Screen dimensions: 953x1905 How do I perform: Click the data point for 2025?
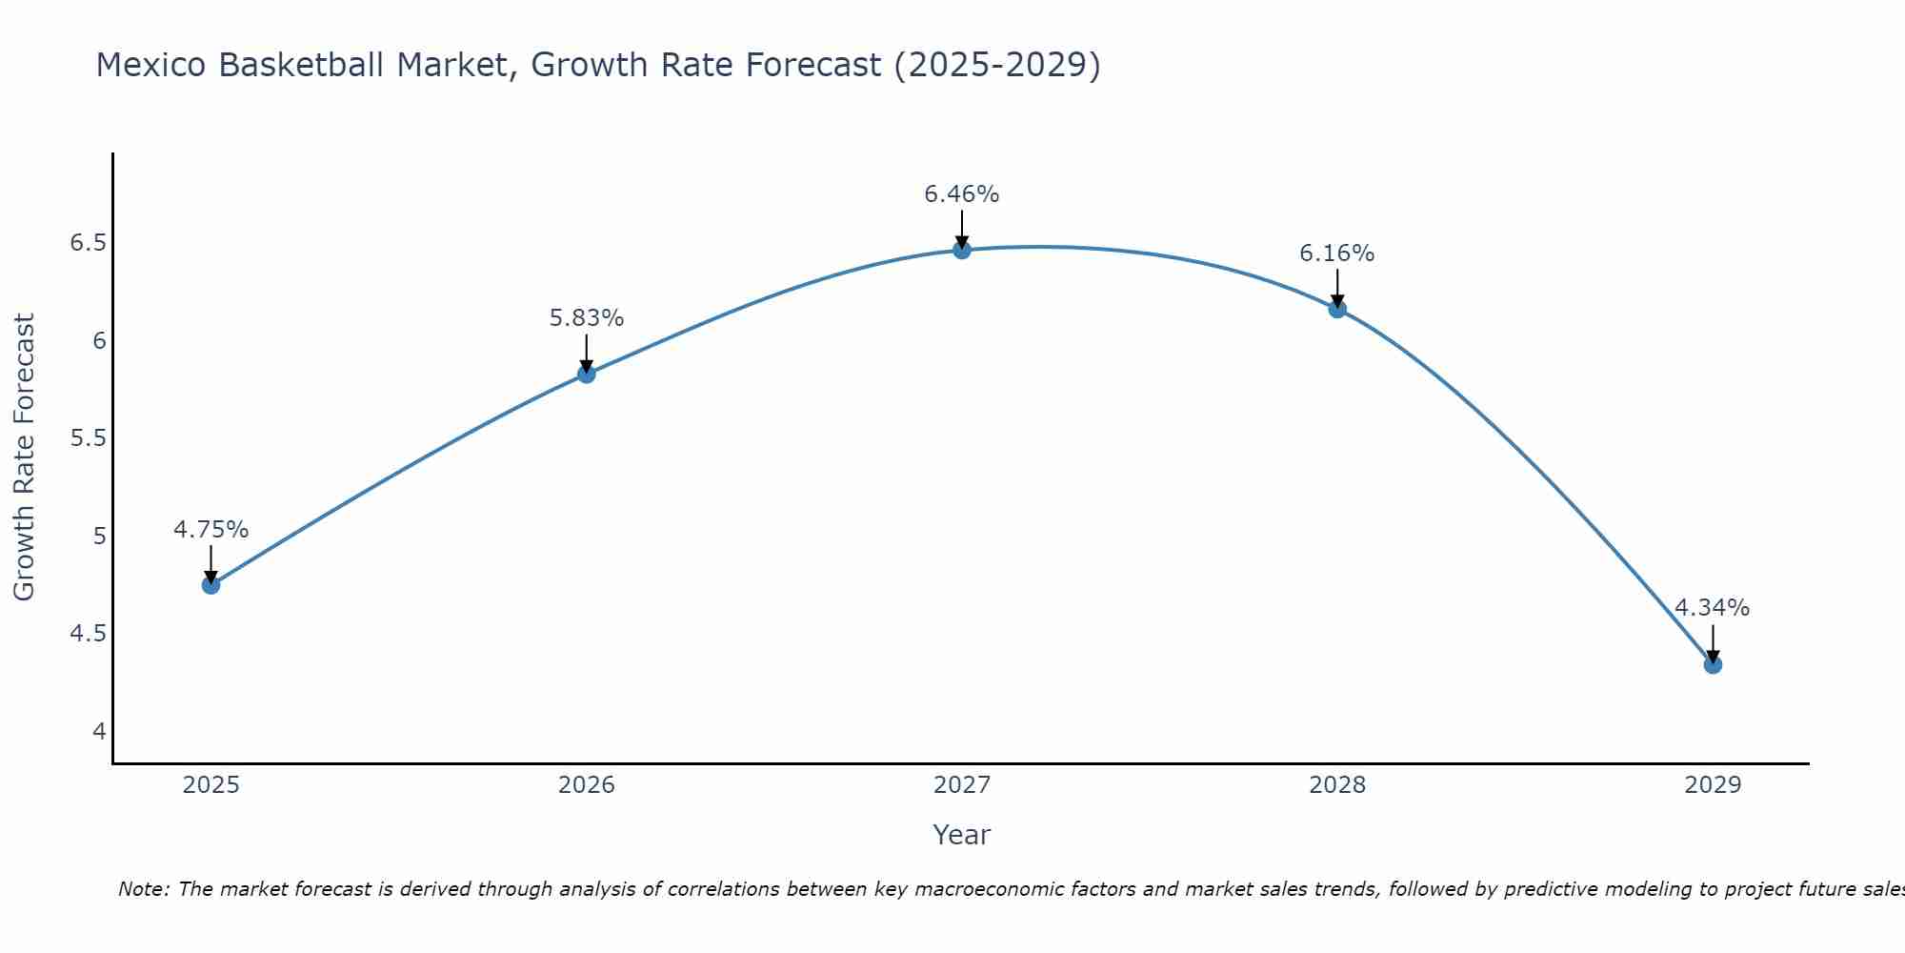(x=211, y=585)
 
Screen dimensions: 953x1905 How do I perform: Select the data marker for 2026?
(x=587, y=375)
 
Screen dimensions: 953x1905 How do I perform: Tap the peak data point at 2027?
(x=962, y=251)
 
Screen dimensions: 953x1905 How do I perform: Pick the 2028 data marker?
(x=1337, y=309)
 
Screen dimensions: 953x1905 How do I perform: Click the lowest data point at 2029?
(x=1713, y=665)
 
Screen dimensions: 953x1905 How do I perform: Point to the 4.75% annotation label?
(x=211, y=530)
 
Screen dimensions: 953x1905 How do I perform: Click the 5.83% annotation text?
(x=587, y=318)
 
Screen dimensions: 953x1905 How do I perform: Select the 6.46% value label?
(x=962, y=194)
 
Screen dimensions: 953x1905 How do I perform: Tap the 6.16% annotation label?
(x=1337, y=253)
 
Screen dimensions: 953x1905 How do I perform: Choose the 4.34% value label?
(x=1713, y=608)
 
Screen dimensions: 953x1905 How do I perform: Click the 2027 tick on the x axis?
(x=962, y=785)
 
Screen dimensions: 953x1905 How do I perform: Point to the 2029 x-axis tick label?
(x=1713, y=785)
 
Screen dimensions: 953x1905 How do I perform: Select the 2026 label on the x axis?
(x=587, y=785)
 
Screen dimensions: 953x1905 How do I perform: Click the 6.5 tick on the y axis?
(x=88, y=243)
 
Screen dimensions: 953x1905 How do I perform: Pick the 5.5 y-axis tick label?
(x=88, y=438)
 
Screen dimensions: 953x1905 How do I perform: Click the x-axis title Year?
(x=962, y=835)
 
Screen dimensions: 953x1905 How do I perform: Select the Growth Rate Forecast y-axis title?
(x=25, y=457)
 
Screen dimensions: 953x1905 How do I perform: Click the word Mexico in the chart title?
(x=151, y=66)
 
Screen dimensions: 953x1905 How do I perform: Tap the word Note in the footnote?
(x=143, y=890)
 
